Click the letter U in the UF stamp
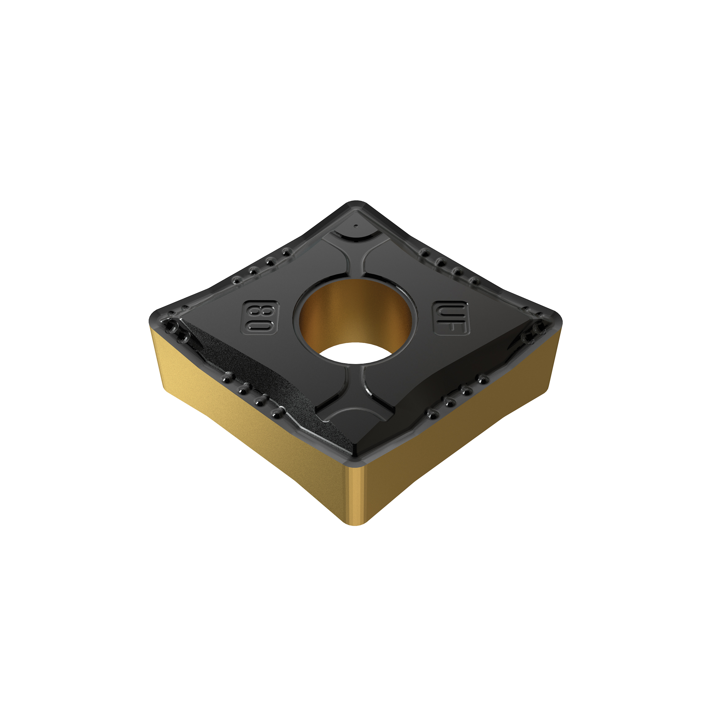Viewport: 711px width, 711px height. point(451,309)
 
